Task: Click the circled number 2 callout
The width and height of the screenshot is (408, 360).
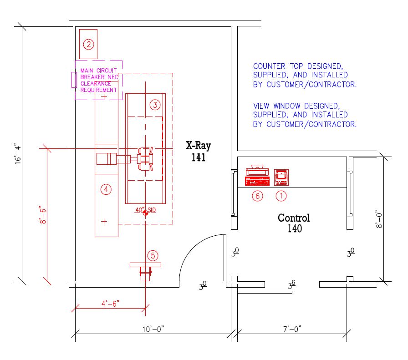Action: click(88, 44)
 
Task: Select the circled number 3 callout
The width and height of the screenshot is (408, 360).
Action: click(155, 105)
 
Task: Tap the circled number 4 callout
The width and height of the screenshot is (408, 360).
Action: click(106, 189)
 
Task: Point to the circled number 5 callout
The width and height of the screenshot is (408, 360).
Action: click(153, 256)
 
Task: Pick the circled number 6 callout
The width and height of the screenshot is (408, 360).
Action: click(257, 196)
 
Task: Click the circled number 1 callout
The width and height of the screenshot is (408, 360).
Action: click(281, 196)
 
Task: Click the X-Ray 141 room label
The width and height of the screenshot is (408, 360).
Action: click(199, 152)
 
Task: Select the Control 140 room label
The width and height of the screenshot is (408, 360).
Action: click(294, 223)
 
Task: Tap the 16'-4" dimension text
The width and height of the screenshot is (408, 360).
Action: click(18, 154)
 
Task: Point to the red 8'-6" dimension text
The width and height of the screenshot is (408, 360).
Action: click(43, 215)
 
